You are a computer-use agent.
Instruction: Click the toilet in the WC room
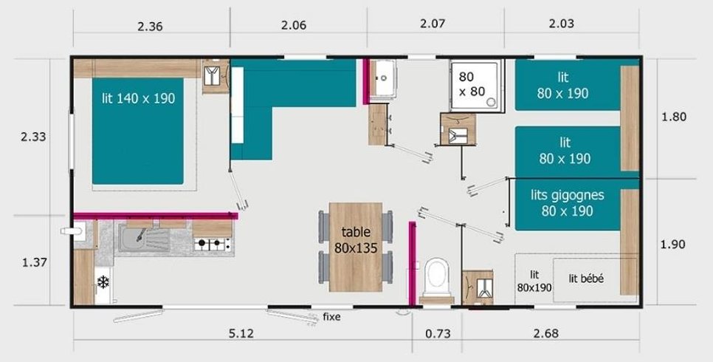click(436, 279)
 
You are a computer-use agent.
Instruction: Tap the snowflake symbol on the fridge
click(103, 282)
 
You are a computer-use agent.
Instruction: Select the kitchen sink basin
click(131, 238)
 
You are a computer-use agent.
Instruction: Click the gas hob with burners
click(213, 244)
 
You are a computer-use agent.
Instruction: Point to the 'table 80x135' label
click(356, 239)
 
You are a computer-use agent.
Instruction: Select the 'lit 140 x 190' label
click(138, 98)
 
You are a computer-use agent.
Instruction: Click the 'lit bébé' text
click(586, 279)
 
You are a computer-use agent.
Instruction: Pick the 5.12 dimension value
click(241, 334)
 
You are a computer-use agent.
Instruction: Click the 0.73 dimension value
click(438, 334)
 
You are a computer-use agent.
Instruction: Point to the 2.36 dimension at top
click(150, 26)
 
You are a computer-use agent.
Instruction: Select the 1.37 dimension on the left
click(35, 263)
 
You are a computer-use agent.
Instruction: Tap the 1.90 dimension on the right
click(672, 245)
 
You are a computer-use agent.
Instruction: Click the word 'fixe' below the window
click(331, 317)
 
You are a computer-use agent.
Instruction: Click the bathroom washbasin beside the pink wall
click(383, 78)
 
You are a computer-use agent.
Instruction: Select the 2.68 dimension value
click(545, 334)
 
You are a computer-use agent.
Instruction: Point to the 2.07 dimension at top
click(433, 23)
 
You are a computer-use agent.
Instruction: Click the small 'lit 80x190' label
click(534, 281)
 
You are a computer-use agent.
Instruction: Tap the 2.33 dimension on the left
click(33, 137)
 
